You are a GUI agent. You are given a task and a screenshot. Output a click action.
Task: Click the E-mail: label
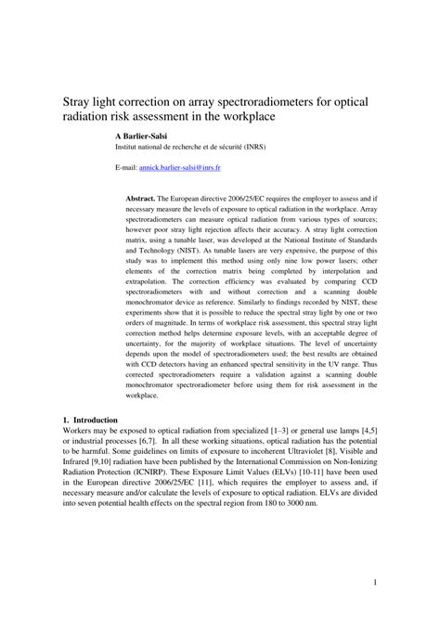tap(126, 170)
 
